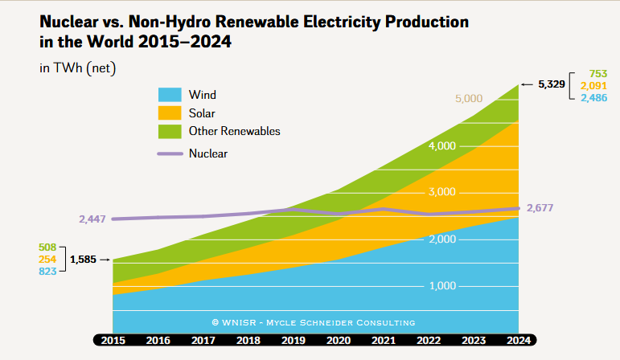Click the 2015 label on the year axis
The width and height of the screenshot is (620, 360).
113,340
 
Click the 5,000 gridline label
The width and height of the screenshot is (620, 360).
468,99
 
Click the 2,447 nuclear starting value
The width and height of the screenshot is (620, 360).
92,219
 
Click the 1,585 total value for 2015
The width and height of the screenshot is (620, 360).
84,260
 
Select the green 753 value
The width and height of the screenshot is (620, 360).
597,73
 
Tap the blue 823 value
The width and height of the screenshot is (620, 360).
48,272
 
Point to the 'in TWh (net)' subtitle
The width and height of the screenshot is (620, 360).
78,68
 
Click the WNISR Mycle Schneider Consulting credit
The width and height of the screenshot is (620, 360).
314,322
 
